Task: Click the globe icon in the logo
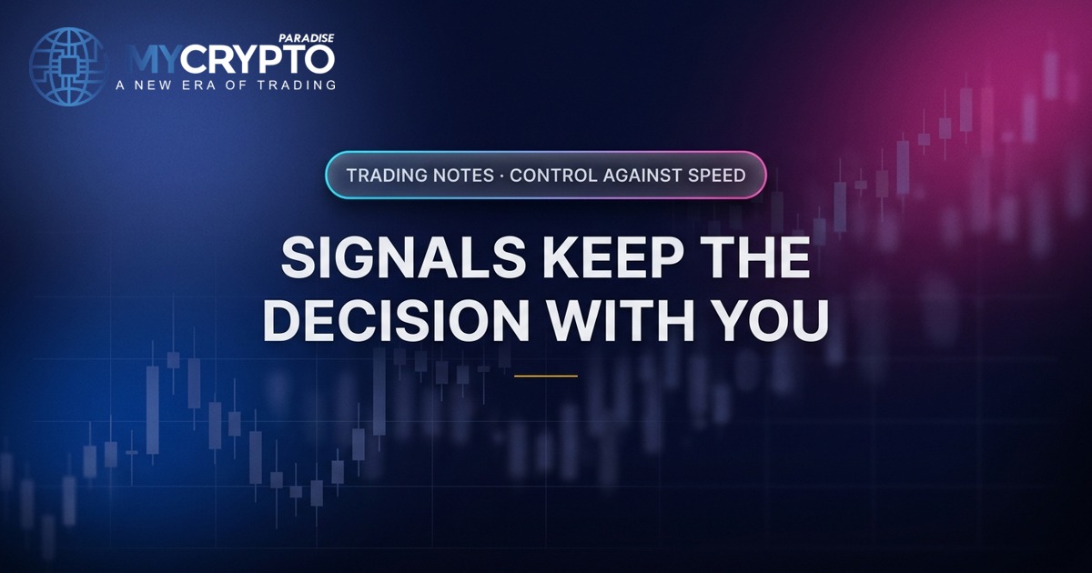(67, 66)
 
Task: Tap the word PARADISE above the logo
(306, 38)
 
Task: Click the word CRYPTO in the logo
(258, 60)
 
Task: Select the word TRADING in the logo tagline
(297, 85)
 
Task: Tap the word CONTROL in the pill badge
(553, 176)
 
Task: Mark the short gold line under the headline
(546, 377)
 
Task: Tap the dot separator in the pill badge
(501, 176)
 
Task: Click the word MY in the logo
(152, 60)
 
